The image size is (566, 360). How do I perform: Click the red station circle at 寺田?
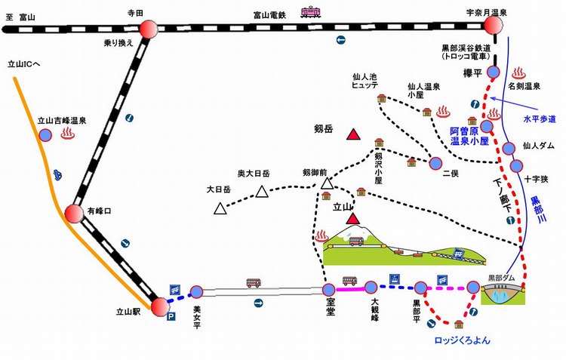[x=149, y=29]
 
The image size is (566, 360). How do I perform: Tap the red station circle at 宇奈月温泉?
[x=493, y=25]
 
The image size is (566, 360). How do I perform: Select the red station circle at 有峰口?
[x=74, y=214]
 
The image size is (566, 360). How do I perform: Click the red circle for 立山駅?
[x=160, y=307]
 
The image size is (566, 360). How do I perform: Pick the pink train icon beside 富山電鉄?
[x=311, y=13]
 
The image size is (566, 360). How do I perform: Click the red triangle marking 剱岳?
[x=353, y=134]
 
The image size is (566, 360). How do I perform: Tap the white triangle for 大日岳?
[x=220, y=208]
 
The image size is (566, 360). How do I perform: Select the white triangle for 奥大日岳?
[x=262, y=192]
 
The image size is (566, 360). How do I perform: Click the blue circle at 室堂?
[x=328, y=290]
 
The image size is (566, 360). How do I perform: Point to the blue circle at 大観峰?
[x=371, y=288]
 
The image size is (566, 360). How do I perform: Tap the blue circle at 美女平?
[x=197, y=292]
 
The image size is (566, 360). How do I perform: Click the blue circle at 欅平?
[x=494, y=72]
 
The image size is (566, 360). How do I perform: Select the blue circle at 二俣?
[x=435, y=164]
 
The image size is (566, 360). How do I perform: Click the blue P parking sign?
[x=171, y=317]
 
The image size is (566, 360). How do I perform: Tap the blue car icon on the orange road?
[x=57, y=175]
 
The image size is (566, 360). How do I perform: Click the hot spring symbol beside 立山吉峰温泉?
[x=67, y=134]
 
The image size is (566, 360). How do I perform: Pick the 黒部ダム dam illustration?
[x=503, y=294]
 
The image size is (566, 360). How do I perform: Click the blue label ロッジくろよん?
[x=463, y=340]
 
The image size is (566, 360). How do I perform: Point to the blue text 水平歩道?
[x=540, y=119]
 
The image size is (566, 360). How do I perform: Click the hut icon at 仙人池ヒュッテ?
[x=382, y=98]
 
